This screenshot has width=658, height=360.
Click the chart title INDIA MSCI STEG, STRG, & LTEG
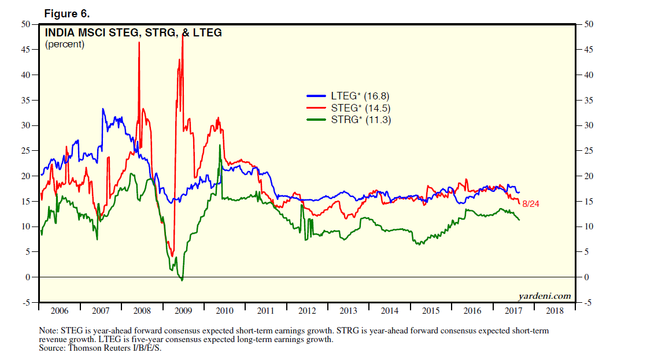pyautogui.click(x=133, y=33)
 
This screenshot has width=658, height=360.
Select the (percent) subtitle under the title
pyautogui.click(x=65, y=44)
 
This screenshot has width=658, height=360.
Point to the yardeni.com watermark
pyautogui.click(x=544, y=296)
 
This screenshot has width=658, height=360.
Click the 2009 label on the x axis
pyautogui.click(x=183, y=311)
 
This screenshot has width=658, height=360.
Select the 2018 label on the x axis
pyautogui.click(x=555, y=311)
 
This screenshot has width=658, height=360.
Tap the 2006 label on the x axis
pyautogui.click(x=60, y=311)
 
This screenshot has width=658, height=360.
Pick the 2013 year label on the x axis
pyautogui.click(x=348, y=311)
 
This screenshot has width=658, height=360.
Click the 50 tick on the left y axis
pyautogui.click(x=26, y=24)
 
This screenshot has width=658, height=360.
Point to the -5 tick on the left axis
pyautogui.click(x=26, y=302)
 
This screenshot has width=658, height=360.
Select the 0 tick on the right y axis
pyautogui.click(x=586, y=277)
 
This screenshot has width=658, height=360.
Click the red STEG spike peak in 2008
pyautogui.click(x=139, y=43)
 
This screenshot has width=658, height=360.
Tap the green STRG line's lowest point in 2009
pyautogui.click(x=182, y=280)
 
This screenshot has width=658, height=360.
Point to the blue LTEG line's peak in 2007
pyautogui.click(x=103, y=109)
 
